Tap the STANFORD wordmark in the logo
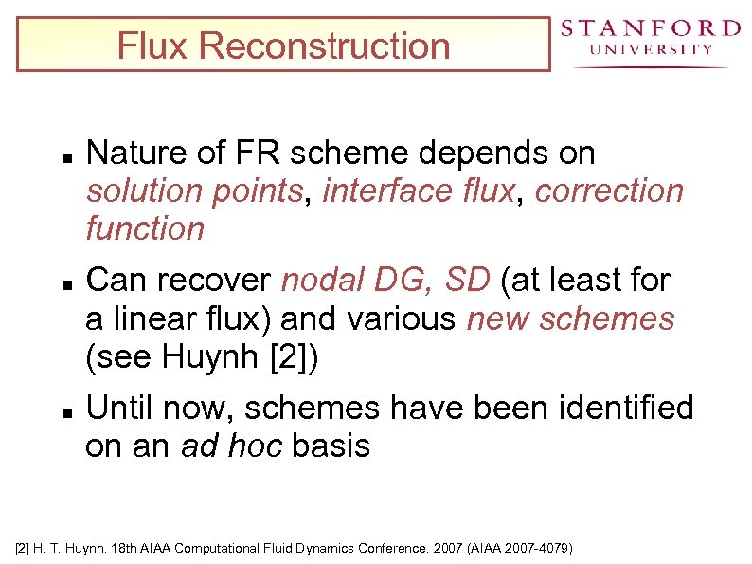[x=650, y=27]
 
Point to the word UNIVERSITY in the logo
[x=650, y=49]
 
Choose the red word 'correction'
[x=608, y=191]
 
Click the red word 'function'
[x=145, y=228]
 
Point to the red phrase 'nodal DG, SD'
[x=385, y=281]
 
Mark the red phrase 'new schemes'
[x=570, y=318]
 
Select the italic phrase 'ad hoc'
[x=231, y=446]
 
